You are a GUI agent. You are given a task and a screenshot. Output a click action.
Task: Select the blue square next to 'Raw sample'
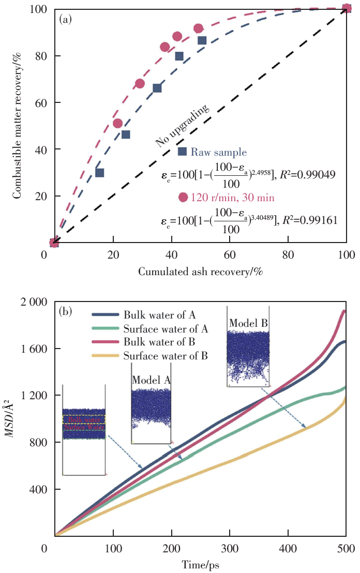182,152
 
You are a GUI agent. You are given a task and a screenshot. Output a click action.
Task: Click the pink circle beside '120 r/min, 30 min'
183,197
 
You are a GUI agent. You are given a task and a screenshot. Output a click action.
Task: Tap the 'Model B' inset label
248,322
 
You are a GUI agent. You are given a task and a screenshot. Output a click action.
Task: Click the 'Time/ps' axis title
200,565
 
